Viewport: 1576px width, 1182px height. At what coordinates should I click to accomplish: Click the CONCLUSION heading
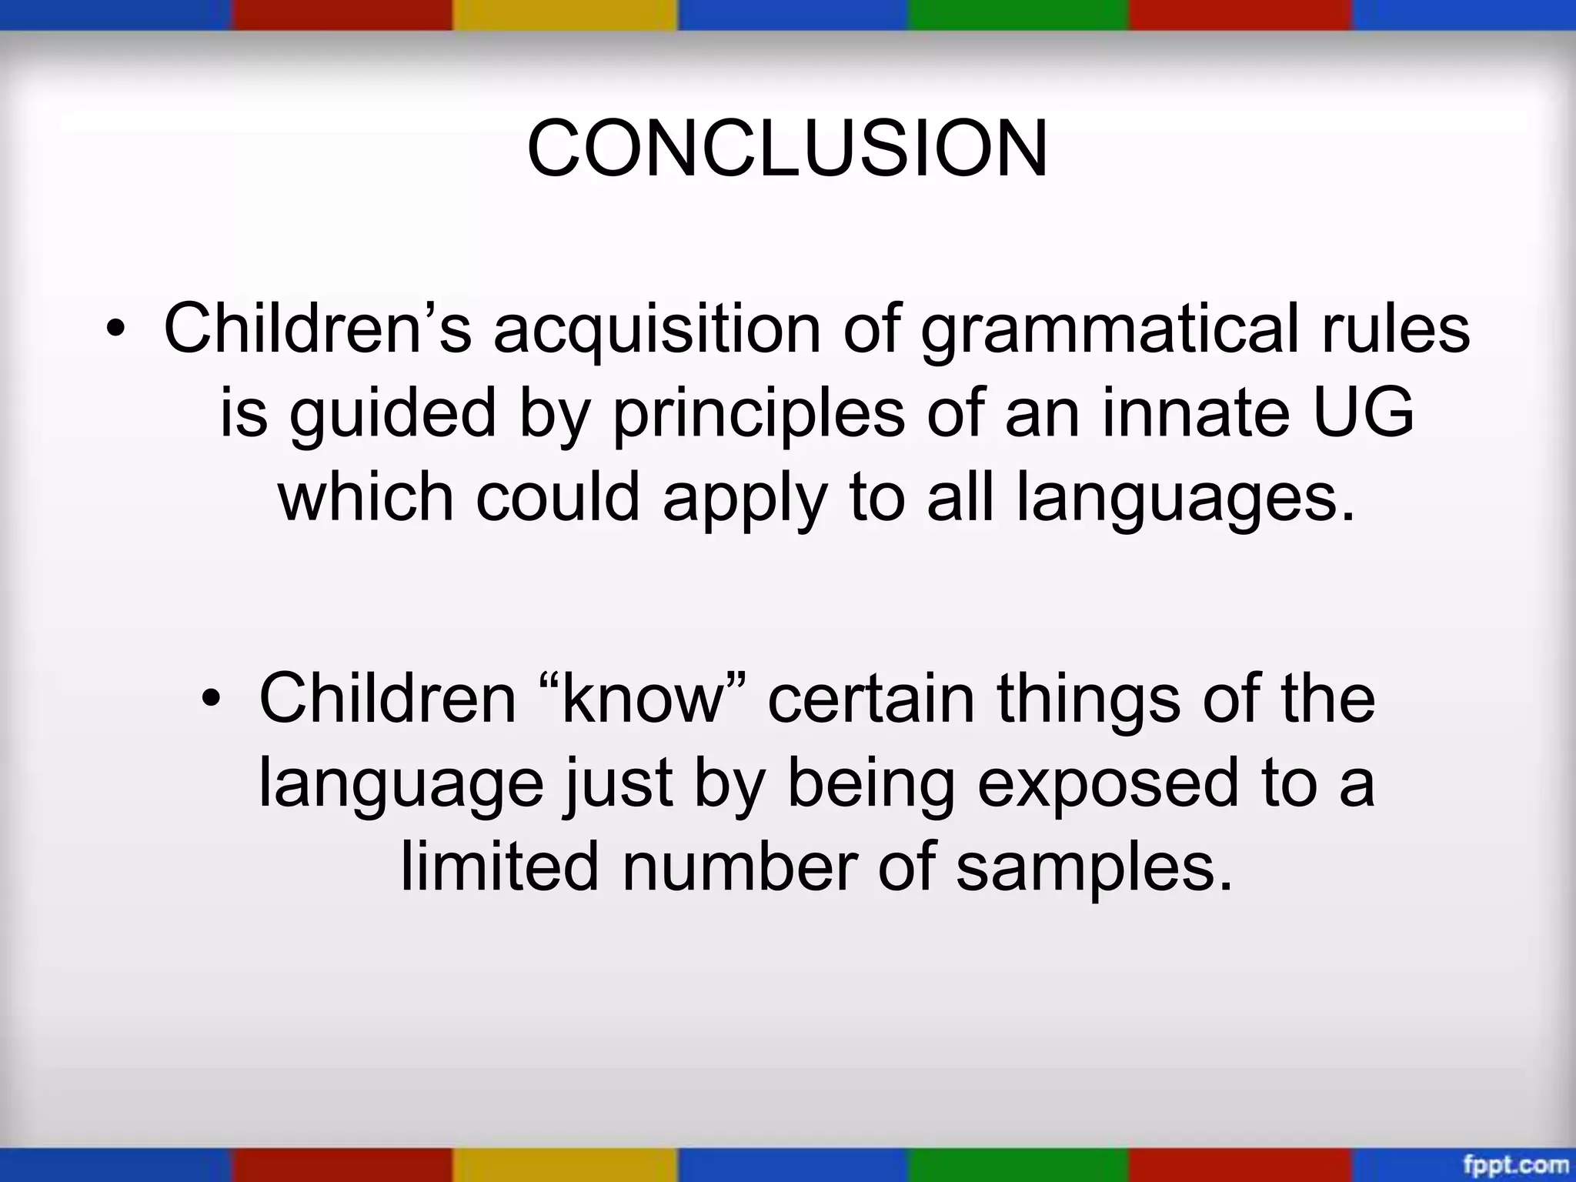786,149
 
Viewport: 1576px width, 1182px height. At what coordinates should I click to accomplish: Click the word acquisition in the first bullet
657,329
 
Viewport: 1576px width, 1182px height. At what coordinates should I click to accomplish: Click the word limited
499,866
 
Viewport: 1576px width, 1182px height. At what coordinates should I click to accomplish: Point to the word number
739,866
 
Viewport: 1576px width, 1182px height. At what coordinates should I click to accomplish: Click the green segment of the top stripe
1017,15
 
